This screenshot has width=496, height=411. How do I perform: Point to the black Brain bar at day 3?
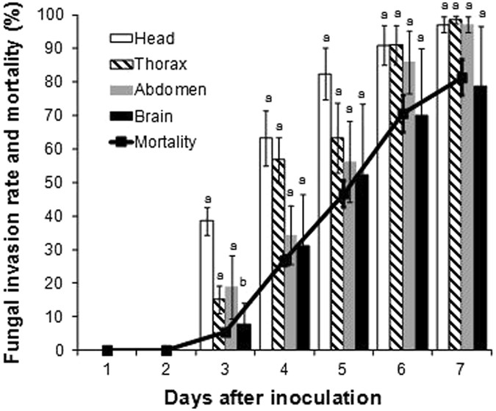point(243,337)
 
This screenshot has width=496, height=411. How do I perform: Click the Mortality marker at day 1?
point(108,350)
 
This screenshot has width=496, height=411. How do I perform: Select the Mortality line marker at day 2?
point(167,350)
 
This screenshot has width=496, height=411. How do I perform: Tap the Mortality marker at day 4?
point(285,260)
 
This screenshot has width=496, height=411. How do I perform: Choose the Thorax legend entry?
point(155,63)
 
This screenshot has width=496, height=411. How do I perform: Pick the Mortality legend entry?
point(162,142)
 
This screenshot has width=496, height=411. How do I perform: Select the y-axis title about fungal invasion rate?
point(16,183)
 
